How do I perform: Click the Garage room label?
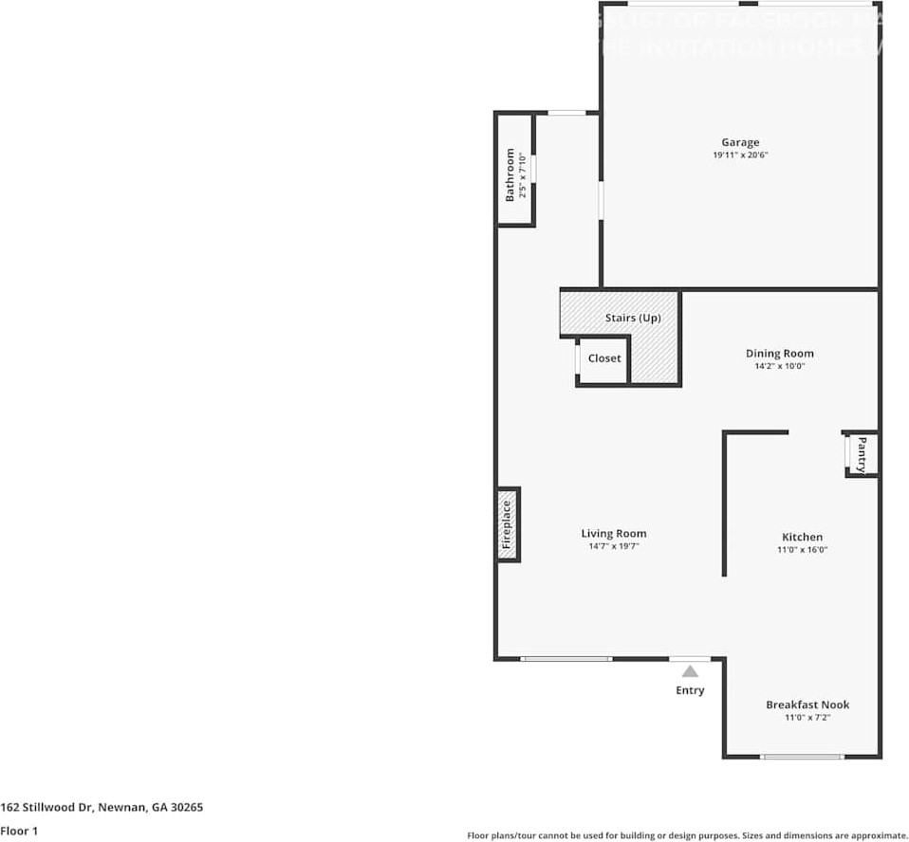pyautogui.click(x=739, y=143)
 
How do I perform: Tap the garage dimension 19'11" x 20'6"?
pyautogui.click(x=739, y=156)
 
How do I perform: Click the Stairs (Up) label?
pyautogui.click(x=633, y=318)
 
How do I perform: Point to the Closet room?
pyautogui.click(x=604, y=358)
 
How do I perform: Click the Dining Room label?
pyautogui.click(x=779, y=354)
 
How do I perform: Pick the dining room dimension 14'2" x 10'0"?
pyautogui.click(x=779, y=366)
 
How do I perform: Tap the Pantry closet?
pyautogui.click(x=862, y=454)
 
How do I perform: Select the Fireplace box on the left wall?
pyautogui.click(x=508, y=524)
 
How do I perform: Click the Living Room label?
pyautogui.click(x=614, y=534)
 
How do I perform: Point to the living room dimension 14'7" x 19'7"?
pyautogui.click(x=614, y=547)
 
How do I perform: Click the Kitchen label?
pyautogui.click(x=802, y=537)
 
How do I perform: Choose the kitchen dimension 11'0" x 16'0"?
pyautogui.click(x=802, y=550)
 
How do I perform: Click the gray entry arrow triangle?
pyautogui.click(x=690, y=671)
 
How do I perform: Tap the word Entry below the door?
pyautogui.click(x=690, y=690)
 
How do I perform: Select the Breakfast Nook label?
pyautogui.click(x=807, y=705)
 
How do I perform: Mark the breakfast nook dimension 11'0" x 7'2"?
pyautogui.click(x=807, y=718)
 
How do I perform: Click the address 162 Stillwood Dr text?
pyautogui.click(x=102, y=808)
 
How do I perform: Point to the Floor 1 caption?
pyautogui.click(x=18, y=831)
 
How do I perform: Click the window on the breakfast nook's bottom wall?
pyautogui.click(x=803, y=757)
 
